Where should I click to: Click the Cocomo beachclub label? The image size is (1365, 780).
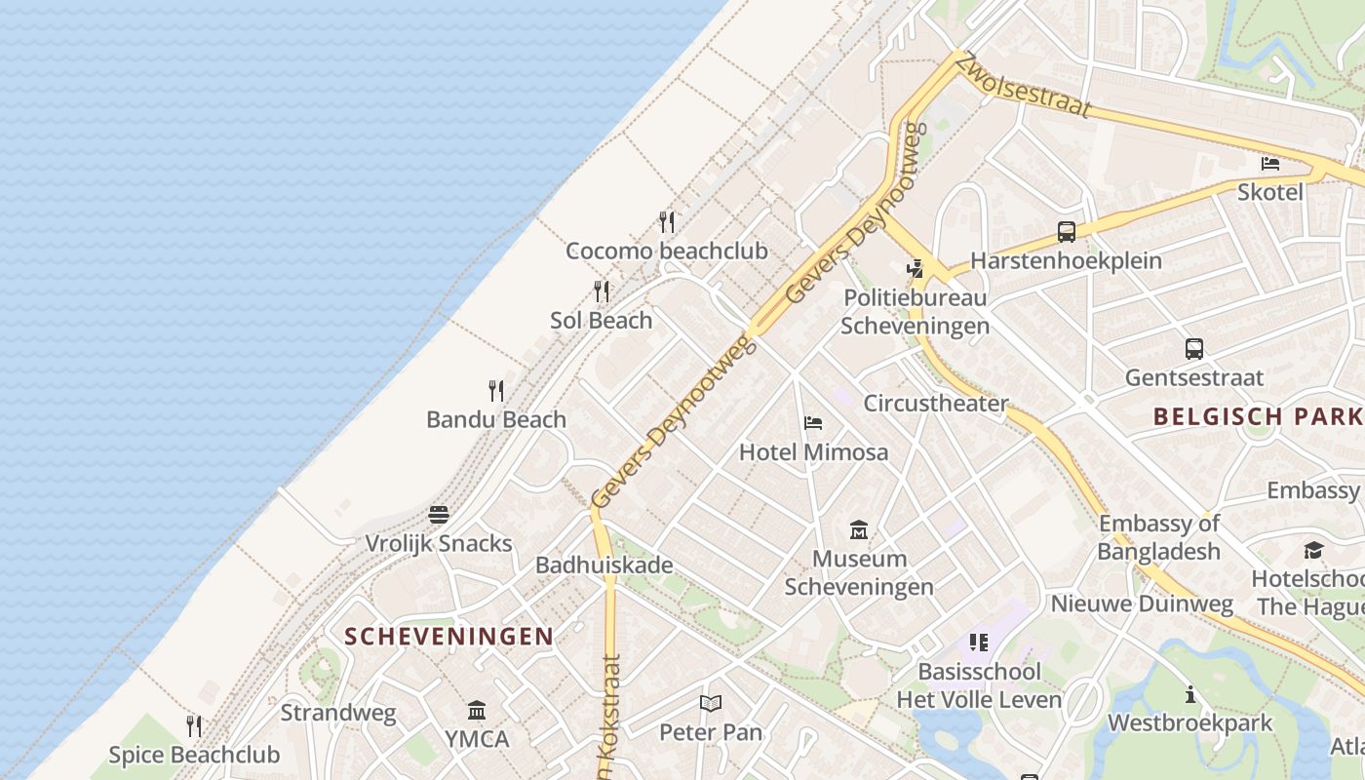[x=666, y=251]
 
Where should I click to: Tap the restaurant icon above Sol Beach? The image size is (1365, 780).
[x=602, y=291]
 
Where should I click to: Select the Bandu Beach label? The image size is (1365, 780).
[x=496, y=419]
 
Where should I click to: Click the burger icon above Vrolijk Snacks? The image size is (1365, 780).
[x=439, y=514]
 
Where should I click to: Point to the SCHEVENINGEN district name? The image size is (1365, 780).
[x=449, y=637]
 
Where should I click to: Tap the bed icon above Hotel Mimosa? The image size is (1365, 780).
[x=813, y=423]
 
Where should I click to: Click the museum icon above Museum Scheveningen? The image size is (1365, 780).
[x=859, y=529]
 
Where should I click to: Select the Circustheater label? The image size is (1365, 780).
[x=936, y=403]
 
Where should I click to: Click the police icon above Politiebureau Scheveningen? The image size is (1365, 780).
[x=915, y=268]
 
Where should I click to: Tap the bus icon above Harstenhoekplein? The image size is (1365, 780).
[x=1067, y=232]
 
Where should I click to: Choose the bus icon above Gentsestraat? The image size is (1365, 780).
[x=1194, y=348]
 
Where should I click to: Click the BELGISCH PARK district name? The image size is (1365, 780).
[x=1258, y=416]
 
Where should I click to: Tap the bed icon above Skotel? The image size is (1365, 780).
[x=1270, y=163]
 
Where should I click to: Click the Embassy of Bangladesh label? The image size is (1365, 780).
[x=1159, y=537]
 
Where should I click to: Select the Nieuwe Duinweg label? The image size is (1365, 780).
[x=1142, y=604]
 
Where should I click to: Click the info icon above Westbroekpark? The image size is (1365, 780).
[x=1190, y=694]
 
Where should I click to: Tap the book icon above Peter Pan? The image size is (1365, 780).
[x=711, y=703]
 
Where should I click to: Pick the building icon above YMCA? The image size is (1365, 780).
[x=477, y=709]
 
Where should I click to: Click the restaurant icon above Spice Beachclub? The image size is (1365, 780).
[x=194, y=725]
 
